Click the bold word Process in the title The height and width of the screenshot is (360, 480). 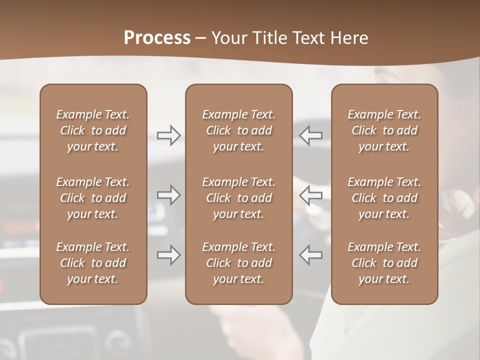pos(157,38)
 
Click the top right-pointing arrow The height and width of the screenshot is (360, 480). pos(169,135)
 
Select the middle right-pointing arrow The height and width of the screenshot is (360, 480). pos(169,195)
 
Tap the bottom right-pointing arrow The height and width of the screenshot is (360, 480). pos(169,255)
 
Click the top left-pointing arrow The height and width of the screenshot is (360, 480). pos(310,135)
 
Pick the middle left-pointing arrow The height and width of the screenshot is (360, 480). pos(310,195)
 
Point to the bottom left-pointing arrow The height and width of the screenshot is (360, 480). pos(310,255)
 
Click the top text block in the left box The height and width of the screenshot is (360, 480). pos(93,130)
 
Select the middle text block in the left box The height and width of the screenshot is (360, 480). pos(93,198)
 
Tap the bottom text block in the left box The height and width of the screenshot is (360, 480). pos(93,263)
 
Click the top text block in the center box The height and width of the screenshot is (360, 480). pos(239,130)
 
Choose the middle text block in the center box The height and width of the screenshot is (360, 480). pos(239,198)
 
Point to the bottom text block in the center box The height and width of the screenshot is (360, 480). pos(239,263)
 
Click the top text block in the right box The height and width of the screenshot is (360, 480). pos(384,130)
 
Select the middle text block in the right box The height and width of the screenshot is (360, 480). pos(384,198)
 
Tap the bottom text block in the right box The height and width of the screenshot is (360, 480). pos(384,263)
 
